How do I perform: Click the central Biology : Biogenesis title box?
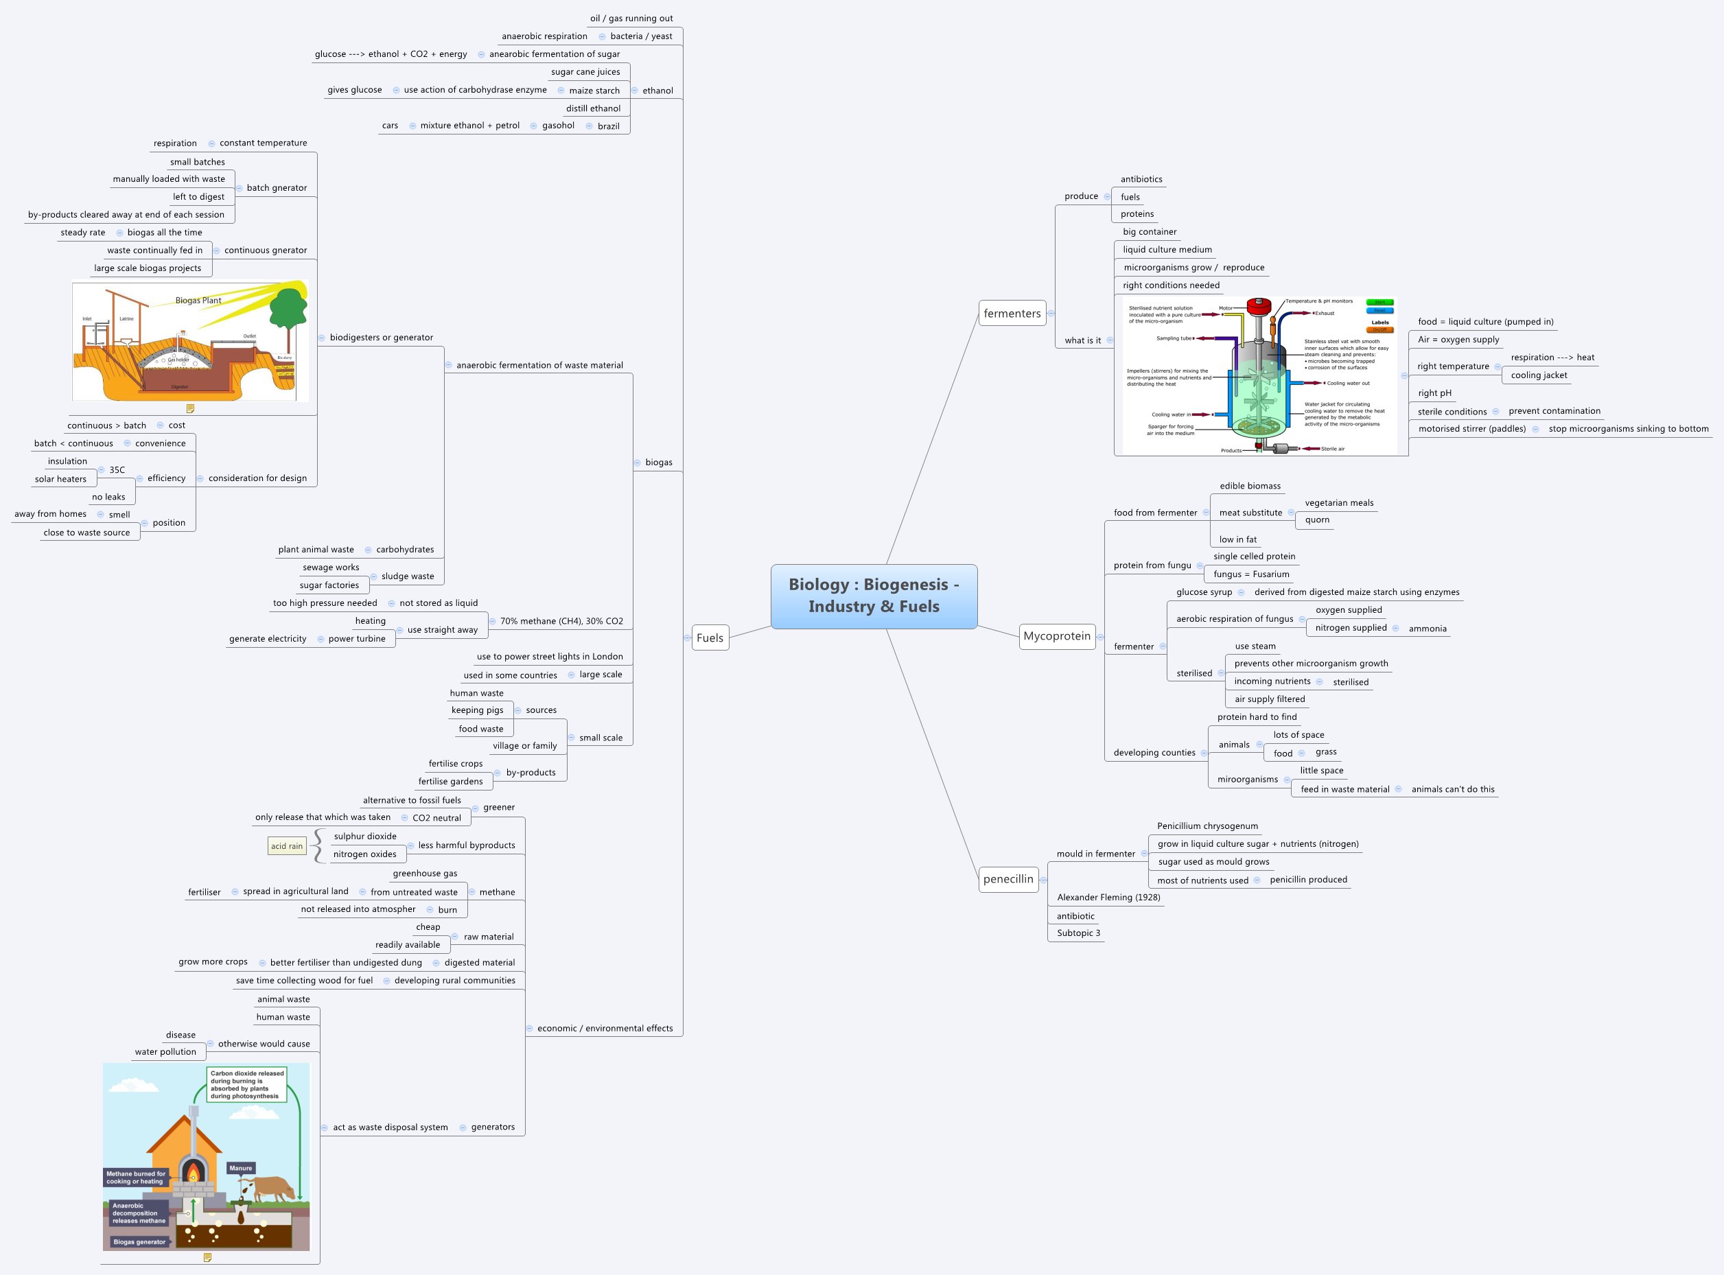pyautogui.click(x=874, y=596)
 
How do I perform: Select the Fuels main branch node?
pyautogui.click(x=710, y=637)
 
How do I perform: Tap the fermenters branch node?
pyautogui.click(x=1012, y=314)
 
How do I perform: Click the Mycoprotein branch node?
pyautogui.click(x=1056, y=636)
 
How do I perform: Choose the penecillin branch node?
pyautogui.click(x=1008, y=879)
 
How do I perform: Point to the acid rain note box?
pyautogui.click(x=286, y=846)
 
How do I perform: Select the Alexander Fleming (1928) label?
pyautogui.click(x=1108, y=897)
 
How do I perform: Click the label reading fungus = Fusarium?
pyautogui.click(x=1251, y=574)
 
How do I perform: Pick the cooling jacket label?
pyautogui.click(x=1539, y=375)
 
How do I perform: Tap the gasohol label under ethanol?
pyautogui.click(x=558, y=126)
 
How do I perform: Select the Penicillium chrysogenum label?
pyautogui.click(x=1207, y=826)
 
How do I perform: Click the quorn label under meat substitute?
pyautogui.click(x=1316, y=520)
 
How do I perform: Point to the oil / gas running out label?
pyautogui.click(x=631, y=19)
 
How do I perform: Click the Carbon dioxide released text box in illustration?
pyautogui.click(x=247, y=1084)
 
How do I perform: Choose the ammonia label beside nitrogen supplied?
pyautogui.click(x=1427, y=629)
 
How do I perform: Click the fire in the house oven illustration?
pyautogui.click(x=193, y=1174)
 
